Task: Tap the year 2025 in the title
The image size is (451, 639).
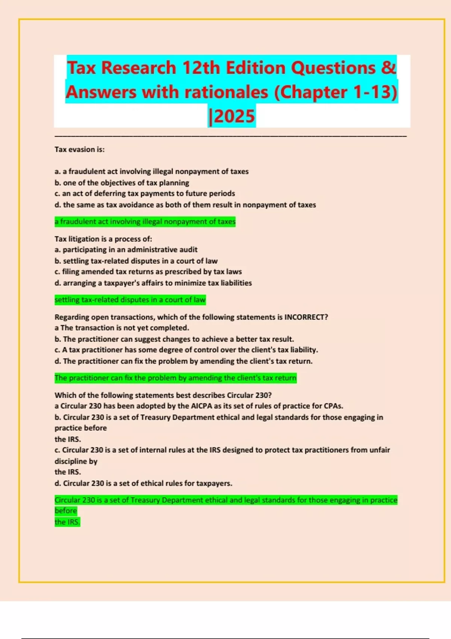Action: pyautogui.click(x=232, y=116)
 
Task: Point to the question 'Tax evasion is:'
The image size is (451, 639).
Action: pyautogui.click(x=80, y=150)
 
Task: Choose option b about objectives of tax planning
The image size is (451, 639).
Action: pyautogui.click(x=122, y=183)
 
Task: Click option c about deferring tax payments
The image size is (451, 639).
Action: pyautogui.click(x=145, y=194)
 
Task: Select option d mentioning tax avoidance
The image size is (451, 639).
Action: pyautogui.click(x=185, y=205)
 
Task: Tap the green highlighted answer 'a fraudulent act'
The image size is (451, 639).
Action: pyautogui.click(x=145, y=222)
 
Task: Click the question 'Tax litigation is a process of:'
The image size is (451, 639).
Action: pyautogui.click(x=103, y=239)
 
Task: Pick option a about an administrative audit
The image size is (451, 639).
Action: pyautogui.click(x=126, y=250)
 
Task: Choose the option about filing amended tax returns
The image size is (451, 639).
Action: pyautogui.click(x=148, y=272)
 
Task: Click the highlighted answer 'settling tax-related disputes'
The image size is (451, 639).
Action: pyautogui.click(x=130, y=300)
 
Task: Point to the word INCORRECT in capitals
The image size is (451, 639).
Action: pyautogui.click(x=306, y=317)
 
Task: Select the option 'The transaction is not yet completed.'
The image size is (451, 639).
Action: pyautogui.click(x=122, y=328)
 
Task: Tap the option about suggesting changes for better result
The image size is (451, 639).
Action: pyautogui.click(x=174, y=339)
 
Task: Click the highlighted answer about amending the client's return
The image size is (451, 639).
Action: pyautogui.click(x=176, y=378)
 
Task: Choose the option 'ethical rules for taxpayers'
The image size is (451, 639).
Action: pyautogui.click(x=144, y=483)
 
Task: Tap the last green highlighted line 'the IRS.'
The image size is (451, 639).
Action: pyautogui.click(x=68, y=522)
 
